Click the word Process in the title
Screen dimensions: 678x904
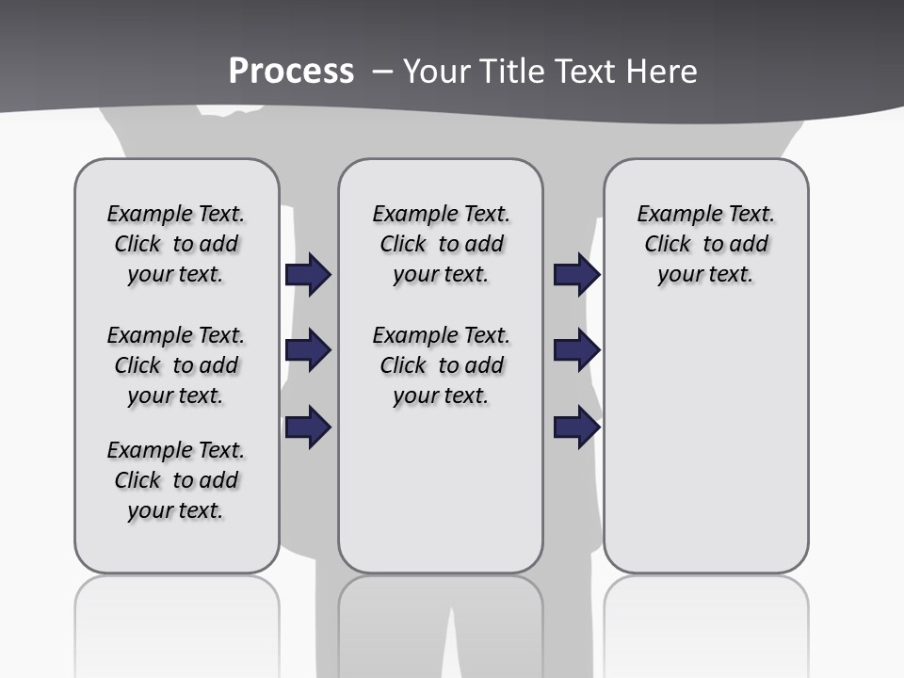click(291, 71)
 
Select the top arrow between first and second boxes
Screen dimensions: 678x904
click(308, 274)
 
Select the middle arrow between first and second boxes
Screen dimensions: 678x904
click(308, 350)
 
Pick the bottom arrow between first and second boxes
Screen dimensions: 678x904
click(308, 427)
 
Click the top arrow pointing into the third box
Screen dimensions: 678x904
click(576, 274)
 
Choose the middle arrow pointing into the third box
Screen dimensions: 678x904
click(576, 350)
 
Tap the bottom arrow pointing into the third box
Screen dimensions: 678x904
click(576, 427)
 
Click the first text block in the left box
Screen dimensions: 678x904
click(176, 244)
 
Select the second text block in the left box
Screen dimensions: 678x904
click(176, 365)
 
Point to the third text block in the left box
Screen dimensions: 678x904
click(176, 480)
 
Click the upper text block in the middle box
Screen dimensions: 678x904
click(441, 244)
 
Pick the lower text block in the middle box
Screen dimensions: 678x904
click(441, 365)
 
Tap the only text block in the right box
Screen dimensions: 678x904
click(706, 244)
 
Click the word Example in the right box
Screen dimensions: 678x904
click(671, 215)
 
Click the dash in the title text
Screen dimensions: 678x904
click(381, 72)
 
